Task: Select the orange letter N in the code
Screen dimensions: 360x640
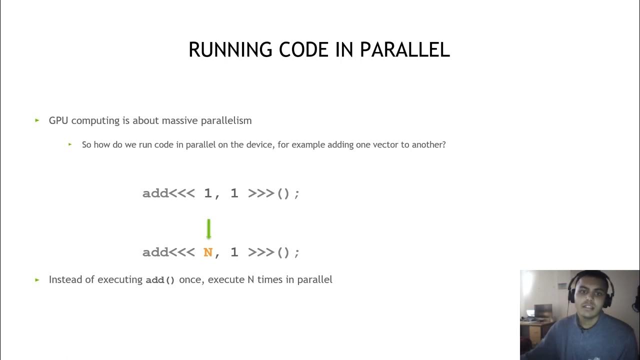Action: [208, 252]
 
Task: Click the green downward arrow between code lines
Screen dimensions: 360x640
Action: [208, 229]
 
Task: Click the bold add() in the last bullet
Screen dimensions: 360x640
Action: [160, 280]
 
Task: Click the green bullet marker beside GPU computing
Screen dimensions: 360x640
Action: [37, 120]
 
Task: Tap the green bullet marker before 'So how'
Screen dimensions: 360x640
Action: [70, 144]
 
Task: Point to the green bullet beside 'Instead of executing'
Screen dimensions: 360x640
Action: [37, 280]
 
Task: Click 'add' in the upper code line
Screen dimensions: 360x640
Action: [155, 193]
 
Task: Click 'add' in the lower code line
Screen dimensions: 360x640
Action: [155, 252]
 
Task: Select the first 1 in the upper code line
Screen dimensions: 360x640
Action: [208, 193]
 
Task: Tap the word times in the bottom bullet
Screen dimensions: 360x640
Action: [270, 279]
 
